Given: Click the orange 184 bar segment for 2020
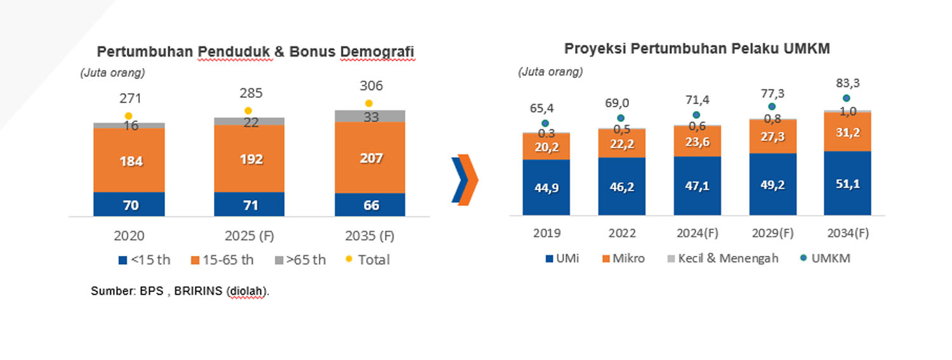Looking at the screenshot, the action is point(129,160).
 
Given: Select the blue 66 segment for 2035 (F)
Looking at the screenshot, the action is point(370,205).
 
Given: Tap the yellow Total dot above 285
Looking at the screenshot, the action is point(248,111).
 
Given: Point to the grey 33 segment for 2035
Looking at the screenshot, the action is point(370,116).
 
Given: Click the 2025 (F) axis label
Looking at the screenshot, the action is point(249,236).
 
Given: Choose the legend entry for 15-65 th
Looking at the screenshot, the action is point(222,260).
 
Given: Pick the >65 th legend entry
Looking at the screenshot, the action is point(300,260).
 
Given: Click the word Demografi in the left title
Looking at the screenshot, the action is point(377,51).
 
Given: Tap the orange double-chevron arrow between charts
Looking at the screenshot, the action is point(465,180).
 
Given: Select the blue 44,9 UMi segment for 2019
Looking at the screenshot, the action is point(546,187).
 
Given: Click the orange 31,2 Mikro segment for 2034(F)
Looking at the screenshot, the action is point(847,132).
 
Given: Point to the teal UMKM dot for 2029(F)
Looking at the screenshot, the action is point(772,107).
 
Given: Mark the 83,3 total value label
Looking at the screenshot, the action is point(848,83).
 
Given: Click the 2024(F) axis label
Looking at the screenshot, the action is point(697,233).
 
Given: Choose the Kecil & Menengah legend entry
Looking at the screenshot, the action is point(723,258).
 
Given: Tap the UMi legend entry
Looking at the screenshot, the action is point(562,258).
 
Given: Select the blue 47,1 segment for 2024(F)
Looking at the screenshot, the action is point(697,186).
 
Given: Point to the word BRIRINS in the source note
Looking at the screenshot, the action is point(198,291).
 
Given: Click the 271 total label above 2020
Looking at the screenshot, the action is point(130,98).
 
